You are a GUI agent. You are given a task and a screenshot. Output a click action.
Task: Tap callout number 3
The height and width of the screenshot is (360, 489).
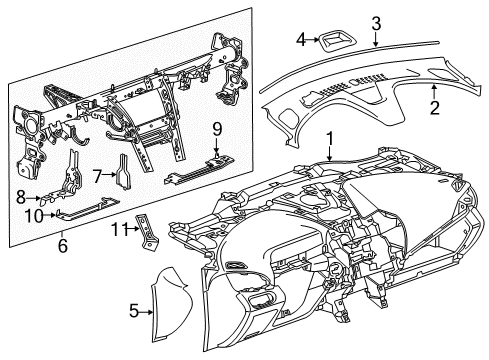point(375,21)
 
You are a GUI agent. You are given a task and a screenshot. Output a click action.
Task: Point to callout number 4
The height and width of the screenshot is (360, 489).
point(300,40)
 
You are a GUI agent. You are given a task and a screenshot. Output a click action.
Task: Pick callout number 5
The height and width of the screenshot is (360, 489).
point(133,311)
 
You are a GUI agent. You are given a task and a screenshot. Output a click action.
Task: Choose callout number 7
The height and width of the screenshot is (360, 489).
point(97,177)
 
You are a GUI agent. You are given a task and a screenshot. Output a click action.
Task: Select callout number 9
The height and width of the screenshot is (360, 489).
point(215,128)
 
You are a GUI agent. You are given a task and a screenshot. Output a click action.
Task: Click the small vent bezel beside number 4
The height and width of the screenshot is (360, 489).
point(332,40)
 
